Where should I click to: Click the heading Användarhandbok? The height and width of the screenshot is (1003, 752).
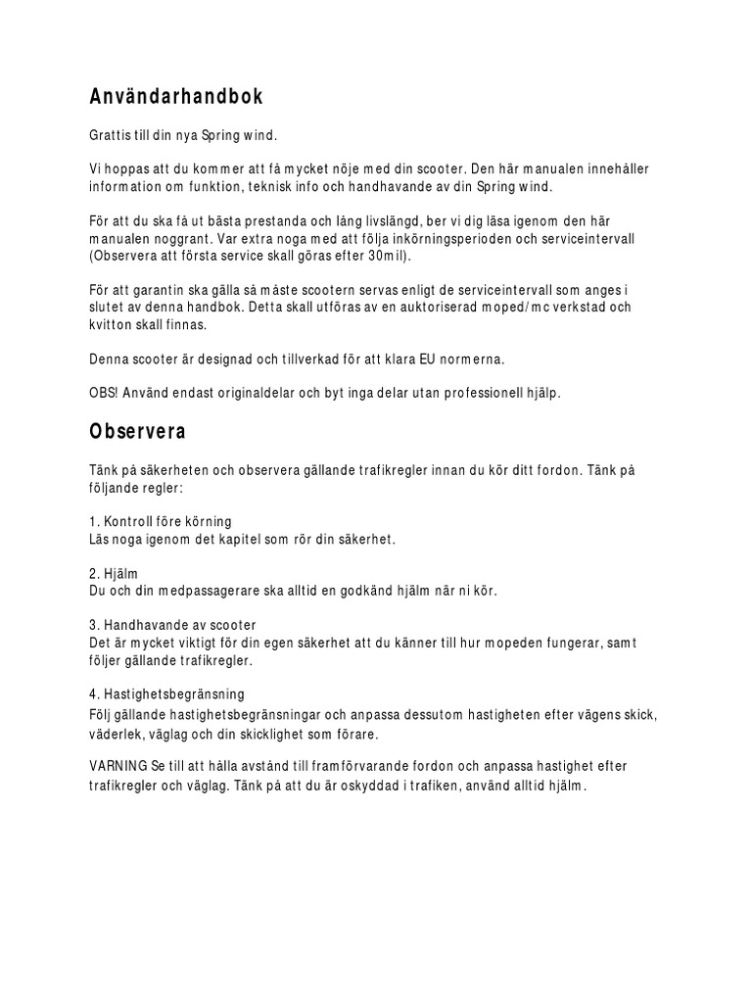(176, 98)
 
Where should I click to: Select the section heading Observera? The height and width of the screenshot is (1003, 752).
(138, 430)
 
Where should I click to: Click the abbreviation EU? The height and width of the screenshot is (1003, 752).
(429, 359)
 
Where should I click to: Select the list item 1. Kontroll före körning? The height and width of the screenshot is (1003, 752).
(161, 521)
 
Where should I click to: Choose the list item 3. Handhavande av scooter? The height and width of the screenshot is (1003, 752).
(172, 624)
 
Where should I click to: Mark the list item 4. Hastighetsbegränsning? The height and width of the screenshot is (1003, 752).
(166, 694)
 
